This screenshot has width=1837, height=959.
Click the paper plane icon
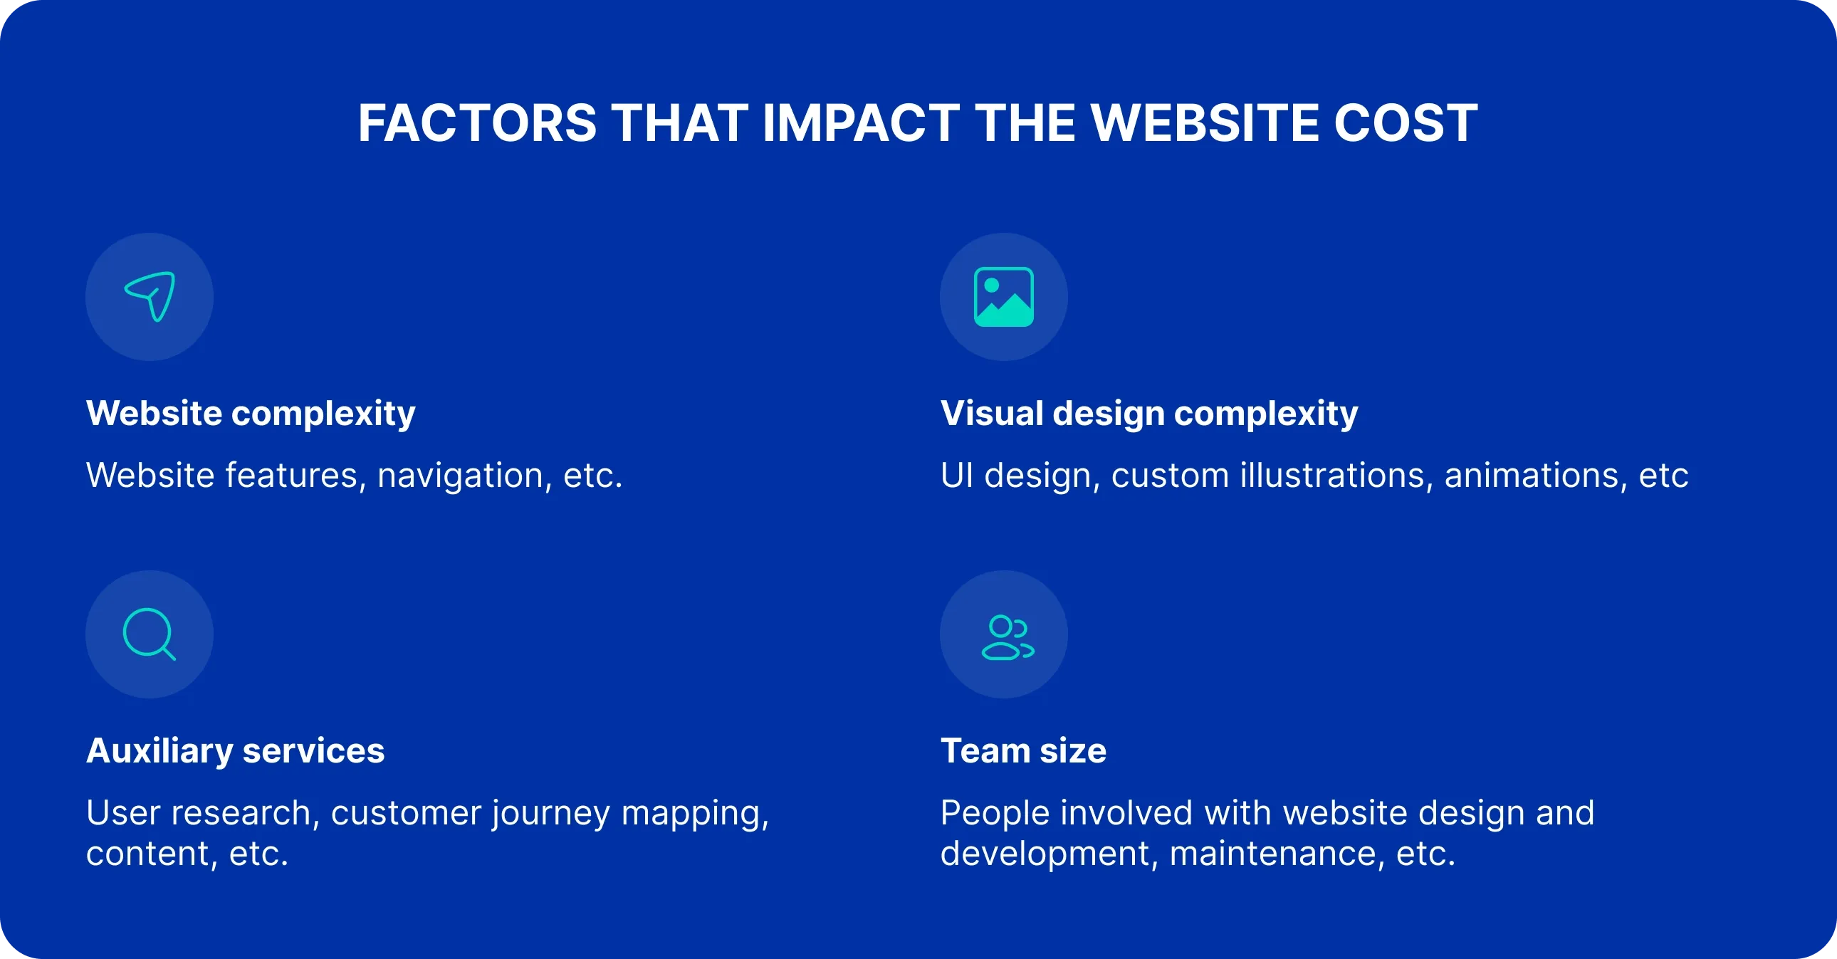click(150, 296)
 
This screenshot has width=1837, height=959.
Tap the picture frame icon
click(1003, 297)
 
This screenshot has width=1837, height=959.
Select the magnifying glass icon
click(149, 634)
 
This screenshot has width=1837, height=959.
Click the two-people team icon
click(1007, 636)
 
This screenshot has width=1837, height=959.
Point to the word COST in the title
click(1406, 122)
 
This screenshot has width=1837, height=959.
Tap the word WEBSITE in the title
click(1205, 122)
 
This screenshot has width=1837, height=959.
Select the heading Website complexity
click(251, 413)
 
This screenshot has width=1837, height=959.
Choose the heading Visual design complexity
click(1149, 413)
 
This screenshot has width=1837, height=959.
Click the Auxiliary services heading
click(236, 750)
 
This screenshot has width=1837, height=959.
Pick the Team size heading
click(1023, 750)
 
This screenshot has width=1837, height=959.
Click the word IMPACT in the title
click(861, 122)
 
